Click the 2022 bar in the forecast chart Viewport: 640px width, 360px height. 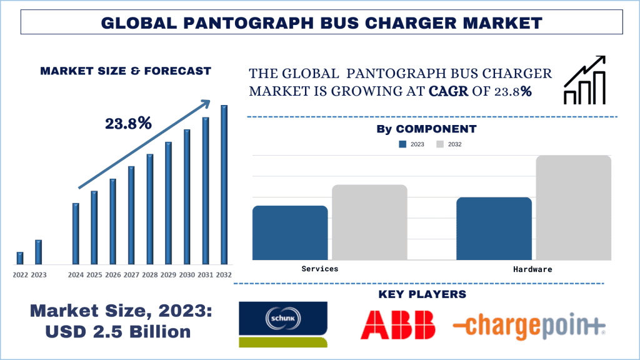pos(20,258)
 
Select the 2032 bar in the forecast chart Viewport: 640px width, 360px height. pos(224,184)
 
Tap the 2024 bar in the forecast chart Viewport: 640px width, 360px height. pos(76,233)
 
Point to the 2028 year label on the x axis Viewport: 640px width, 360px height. pos(150,274)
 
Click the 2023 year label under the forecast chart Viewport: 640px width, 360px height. pos(39,274)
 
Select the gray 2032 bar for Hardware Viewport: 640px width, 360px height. pos(573,207)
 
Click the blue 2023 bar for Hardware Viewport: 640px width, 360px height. pos(494,228)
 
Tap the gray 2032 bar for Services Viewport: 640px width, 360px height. pos(369,222)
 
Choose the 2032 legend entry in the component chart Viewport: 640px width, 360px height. pos(448,144)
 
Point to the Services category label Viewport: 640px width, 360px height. pos(319,268)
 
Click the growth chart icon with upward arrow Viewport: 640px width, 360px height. pos(584,80)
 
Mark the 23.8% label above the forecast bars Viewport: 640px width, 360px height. pos(129,123)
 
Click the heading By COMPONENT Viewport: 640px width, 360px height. pos(426,129)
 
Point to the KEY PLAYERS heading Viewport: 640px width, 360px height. pos(422,294)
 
